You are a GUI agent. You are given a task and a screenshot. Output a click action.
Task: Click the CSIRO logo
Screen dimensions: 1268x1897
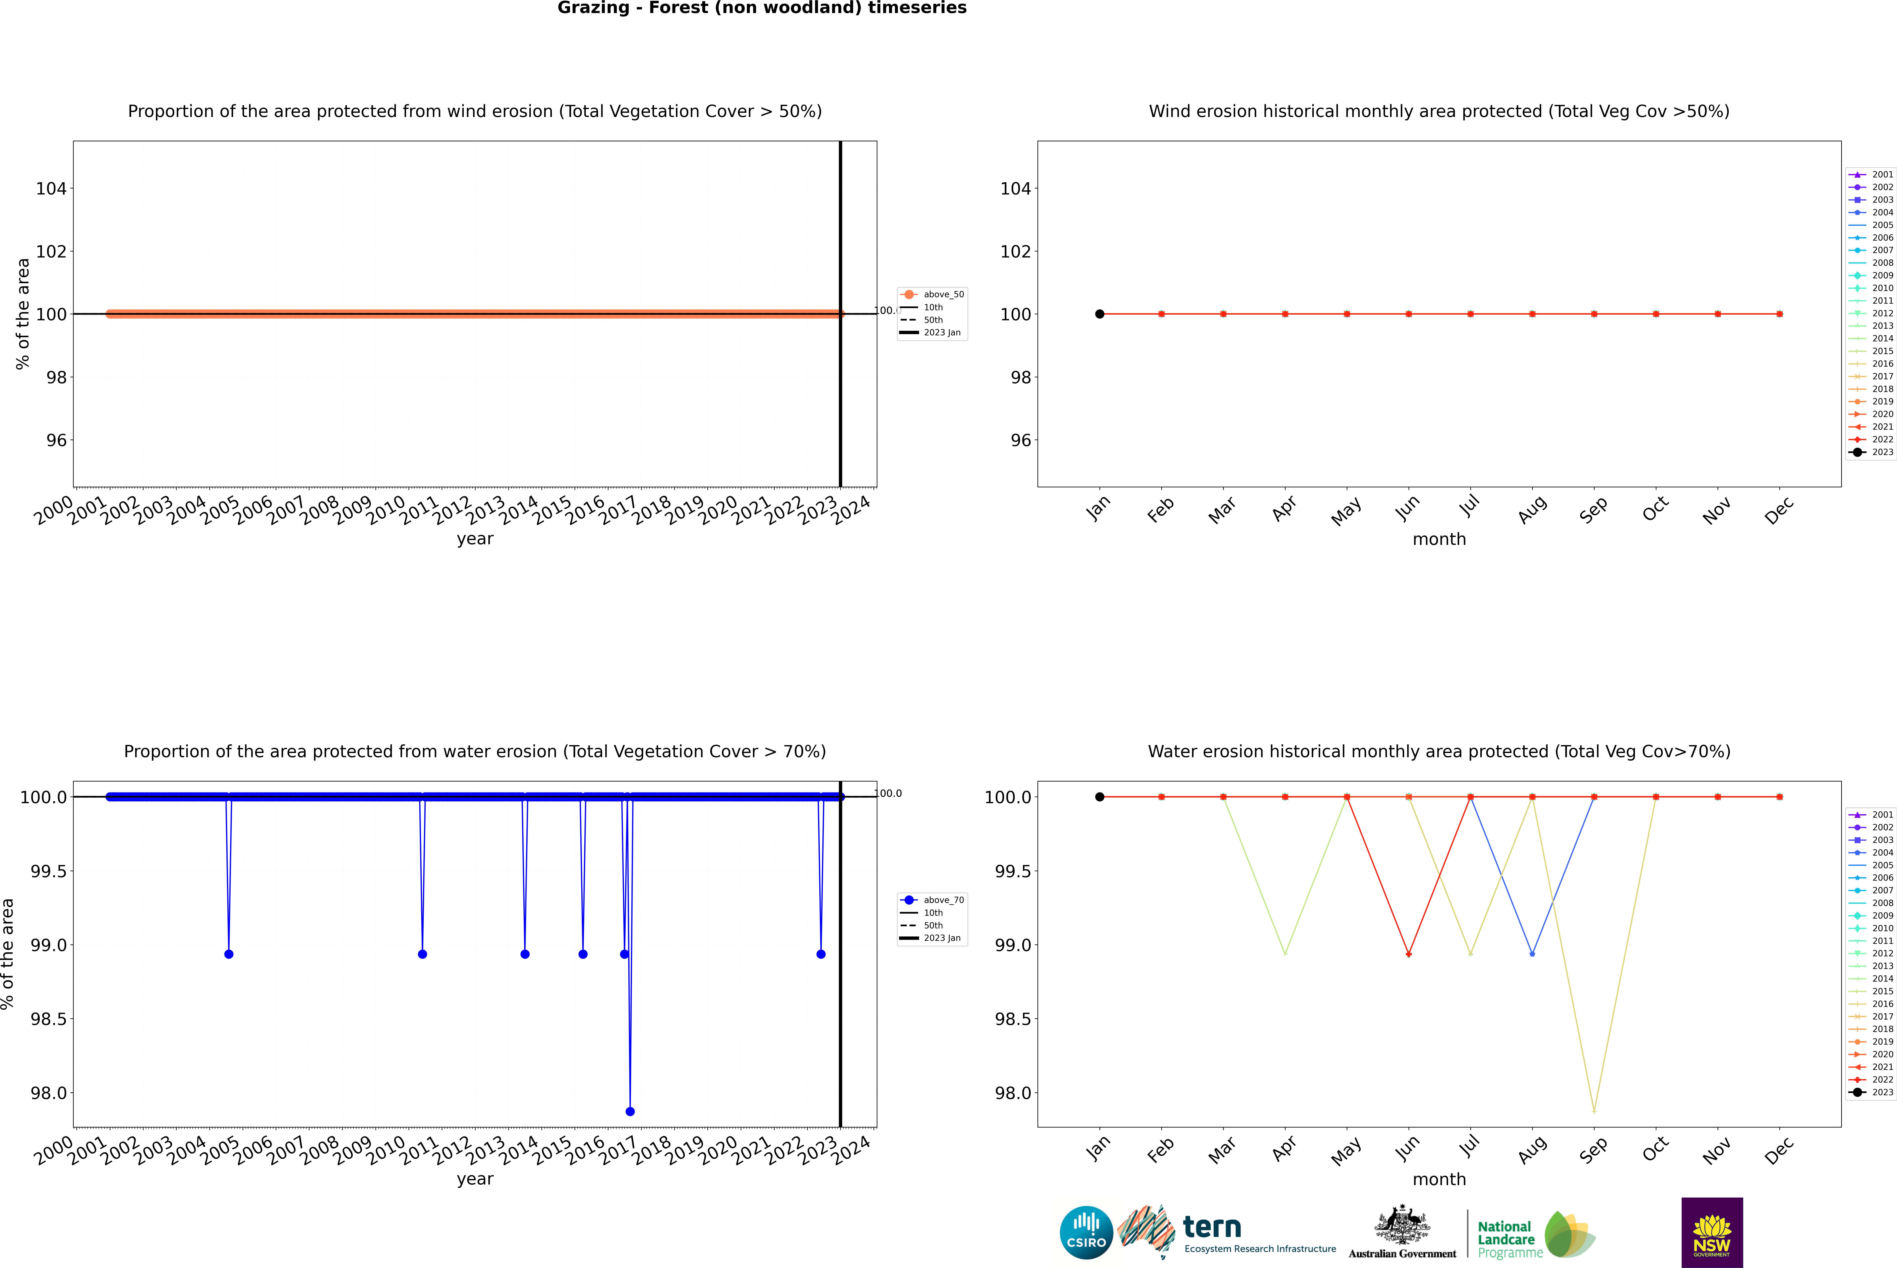[1086, 1232]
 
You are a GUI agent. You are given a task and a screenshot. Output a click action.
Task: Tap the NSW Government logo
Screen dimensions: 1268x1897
[1712, 1232]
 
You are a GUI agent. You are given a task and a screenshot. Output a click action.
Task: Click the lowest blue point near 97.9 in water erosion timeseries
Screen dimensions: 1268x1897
[630, 1111]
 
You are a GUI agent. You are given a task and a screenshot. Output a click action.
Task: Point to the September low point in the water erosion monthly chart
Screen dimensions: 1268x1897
[1594, 1110]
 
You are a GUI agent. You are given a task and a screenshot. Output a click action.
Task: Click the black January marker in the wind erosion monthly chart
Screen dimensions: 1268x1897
[1100, 314]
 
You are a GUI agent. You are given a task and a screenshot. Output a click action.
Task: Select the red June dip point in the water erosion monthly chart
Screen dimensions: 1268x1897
[1409, 954]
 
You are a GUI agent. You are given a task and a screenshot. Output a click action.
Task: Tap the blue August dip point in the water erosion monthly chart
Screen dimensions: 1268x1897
[1532, 954]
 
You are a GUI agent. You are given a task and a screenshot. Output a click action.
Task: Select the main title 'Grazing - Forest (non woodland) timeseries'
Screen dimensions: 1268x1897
[762, 8]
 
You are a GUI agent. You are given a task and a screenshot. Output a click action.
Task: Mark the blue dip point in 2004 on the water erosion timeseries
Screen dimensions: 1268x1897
[229, 954]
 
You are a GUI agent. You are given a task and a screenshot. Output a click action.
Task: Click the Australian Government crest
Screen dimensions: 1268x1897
[1402, 1226]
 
